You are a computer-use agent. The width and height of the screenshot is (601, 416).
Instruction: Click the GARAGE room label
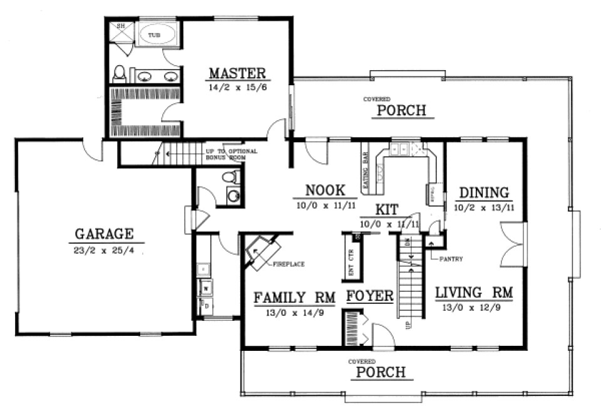(104, 234)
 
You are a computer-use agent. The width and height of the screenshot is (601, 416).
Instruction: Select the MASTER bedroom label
(237, 73)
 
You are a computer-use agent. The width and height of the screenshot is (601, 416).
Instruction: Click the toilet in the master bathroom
(120, 75)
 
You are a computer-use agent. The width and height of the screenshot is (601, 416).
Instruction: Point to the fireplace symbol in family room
(260, 252)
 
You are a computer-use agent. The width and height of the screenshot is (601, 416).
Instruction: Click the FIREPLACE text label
(289, 265)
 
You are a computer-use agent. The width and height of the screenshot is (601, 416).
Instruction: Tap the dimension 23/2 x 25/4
(104, 249)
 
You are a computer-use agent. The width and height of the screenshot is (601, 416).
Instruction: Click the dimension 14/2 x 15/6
(237, 88)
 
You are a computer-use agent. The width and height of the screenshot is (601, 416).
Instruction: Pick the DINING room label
(483, 192)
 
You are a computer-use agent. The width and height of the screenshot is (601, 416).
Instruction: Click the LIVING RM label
(475, 293)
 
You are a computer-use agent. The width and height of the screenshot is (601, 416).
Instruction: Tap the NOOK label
(322, 190)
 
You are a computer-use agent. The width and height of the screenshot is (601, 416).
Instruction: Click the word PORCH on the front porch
(381, 373)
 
